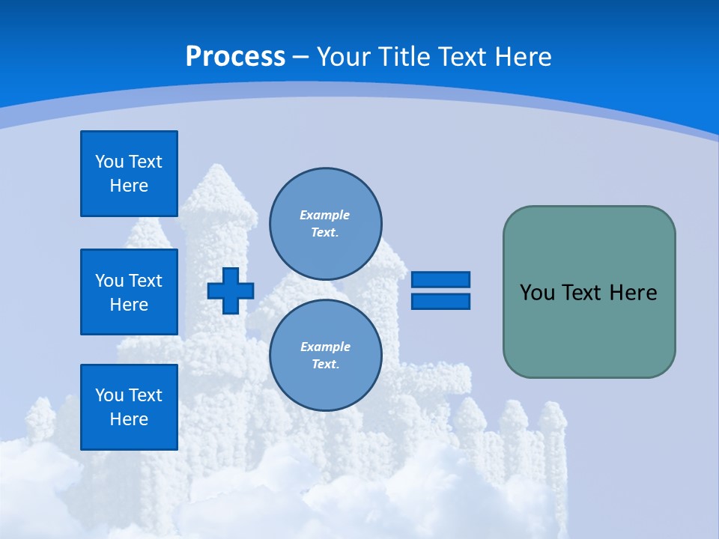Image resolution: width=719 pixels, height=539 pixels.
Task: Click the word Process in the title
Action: click(x=235, y=56)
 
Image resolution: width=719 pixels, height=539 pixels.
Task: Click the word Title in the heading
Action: click(x=407, y=56)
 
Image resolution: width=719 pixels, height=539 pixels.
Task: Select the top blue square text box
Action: click(x=129, y=174)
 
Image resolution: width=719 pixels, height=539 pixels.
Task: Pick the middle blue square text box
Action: click(x=129, y=292)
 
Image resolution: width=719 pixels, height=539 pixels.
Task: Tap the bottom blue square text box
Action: click(x=129, y=406)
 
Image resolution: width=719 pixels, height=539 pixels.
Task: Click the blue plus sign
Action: click(x=231, y=290)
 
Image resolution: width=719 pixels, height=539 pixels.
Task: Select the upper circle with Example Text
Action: click(x=326, y=223)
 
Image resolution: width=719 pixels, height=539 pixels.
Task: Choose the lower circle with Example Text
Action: click(x=326, y=355)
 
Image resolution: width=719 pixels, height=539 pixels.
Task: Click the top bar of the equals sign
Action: click(x=440, y=279)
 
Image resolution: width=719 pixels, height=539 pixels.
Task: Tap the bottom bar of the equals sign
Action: click(x=440, y=301)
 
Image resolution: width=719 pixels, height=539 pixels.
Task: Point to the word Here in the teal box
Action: click(x=633, y=293)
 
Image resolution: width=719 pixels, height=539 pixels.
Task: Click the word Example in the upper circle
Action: click(x=325, y=215)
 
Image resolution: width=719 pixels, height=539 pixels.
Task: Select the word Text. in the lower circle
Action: click(x=325, y=365)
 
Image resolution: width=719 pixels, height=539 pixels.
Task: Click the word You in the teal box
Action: click(x=537, y=293)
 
